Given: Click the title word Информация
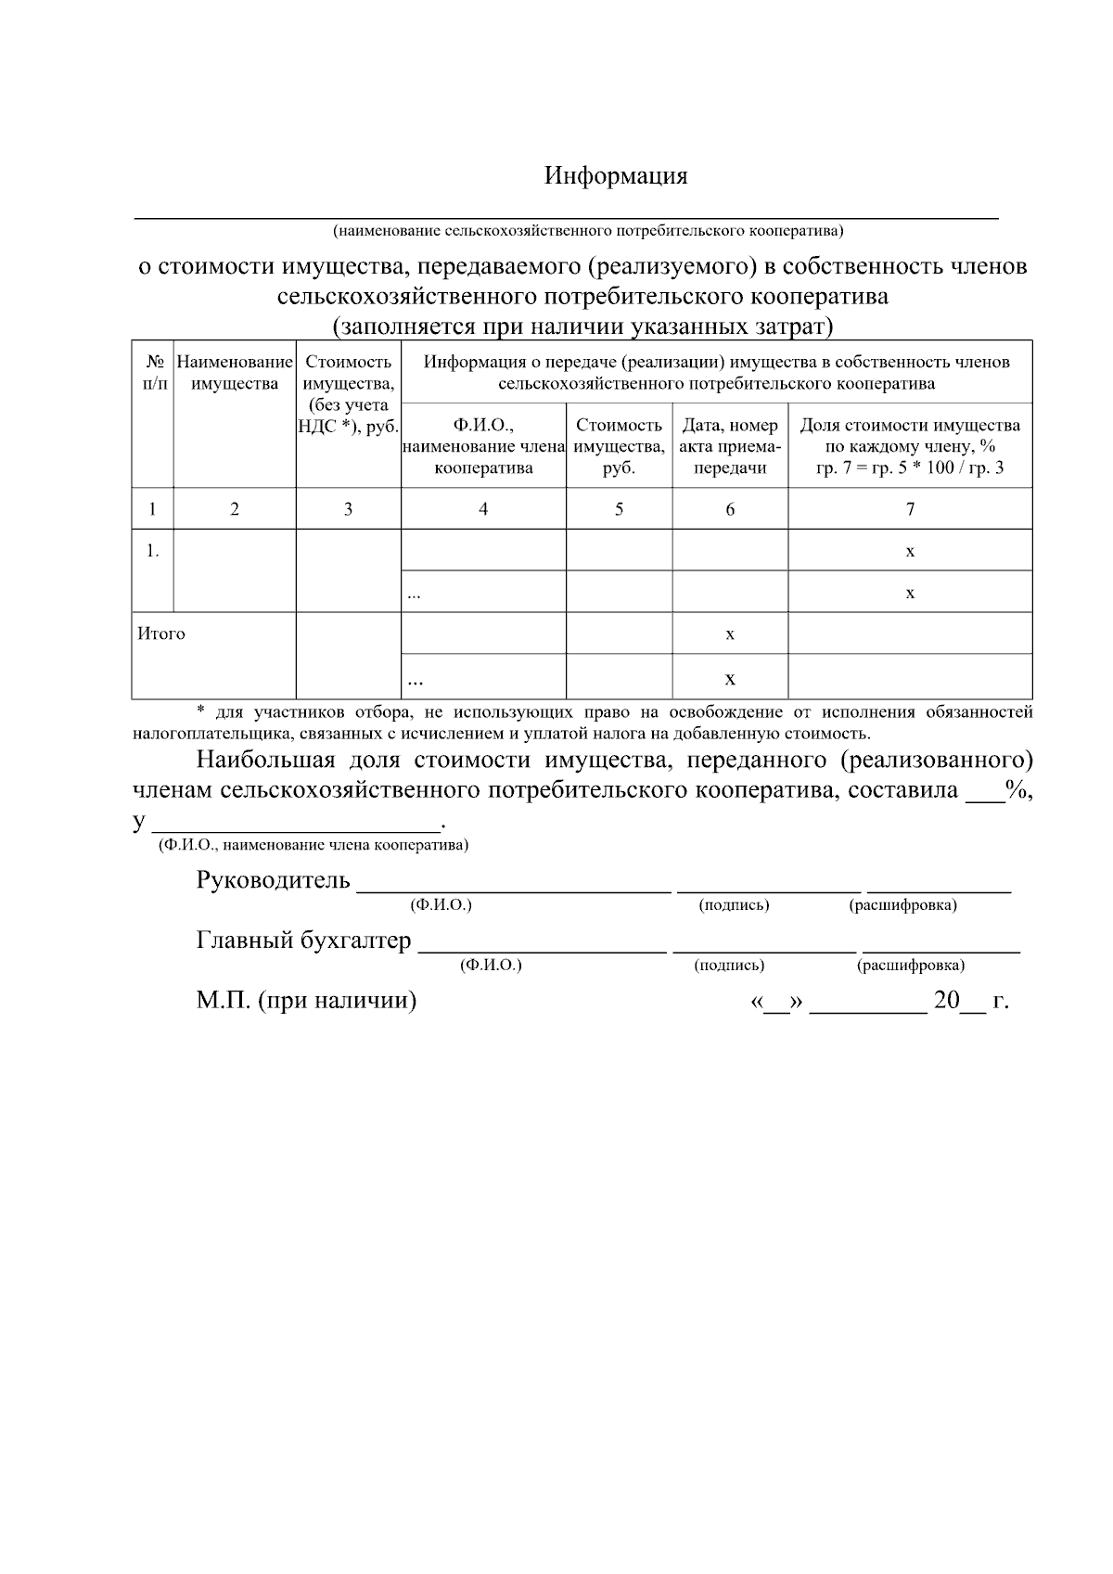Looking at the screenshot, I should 616,176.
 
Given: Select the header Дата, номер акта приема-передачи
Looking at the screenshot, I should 730,446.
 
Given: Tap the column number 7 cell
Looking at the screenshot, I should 910,508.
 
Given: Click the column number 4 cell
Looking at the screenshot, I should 483,508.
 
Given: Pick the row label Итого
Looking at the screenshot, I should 161,633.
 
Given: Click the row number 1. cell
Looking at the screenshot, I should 152,551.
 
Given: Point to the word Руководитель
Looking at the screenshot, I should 274,880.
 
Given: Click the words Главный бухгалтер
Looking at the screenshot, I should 303,941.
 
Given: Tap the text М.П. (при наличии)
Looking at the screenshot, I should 306,1001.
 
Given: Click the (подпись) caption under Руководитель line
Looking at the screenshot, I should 734,905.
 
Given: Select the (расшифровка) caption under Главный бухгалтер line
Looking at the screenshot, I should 911,966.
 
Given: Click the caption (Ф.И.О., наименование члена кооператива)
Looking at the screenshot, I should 313,845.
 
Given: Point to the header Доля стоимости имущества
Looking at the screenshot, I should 910,426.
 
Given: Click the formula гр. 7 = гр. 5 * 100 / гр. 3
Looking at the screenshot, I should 910,467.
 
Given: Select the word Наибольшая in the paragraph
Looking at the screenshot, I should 264,761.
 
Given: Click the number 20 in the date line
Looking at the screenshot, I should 946,1001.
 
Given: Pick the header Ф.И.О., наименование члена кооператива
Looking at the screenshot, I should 483,446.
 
